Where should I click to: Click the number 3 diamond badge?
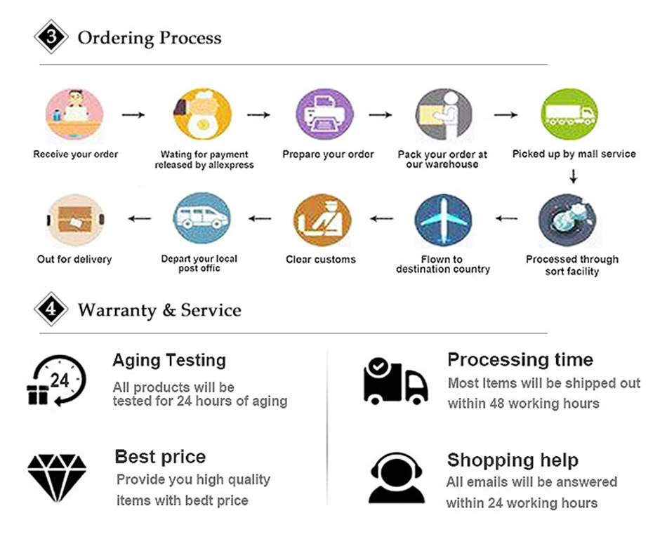[x=51, y=37]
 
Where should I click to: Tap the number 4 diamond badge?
[x=51, y=309]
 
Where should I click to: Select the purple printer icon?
[x=324, y=114]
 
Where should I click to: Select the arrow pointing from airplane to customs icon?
[x=382, y=219]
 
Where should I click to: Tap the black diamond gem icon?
[x=57, y=477]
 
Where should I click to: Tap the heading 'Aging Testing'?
[x=169, y=361]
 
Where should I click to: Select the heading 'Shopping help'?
[x=513, y=460]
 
